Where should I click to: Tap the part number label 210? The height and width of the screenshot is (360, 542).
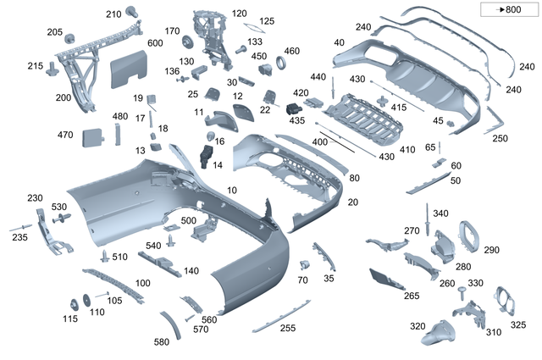[113, 14]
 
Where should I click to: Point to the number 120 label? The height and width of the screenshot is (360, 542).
[240, 14]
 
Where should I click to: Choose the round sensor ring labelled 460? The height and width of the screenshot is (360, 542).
[274, 68]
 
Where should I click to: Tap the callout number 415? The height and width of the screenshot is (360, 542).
[398, 108]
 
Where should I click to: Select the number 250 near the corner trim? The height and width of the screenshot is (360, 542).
[500, 138]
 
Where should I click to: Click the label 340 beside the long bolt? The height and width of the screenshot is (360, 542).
[440, 213]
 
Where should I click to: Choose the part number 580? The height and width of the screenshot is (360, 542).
[160, 342]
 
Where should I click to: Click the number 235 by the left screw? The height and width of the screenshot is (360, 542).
[19, 239]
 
